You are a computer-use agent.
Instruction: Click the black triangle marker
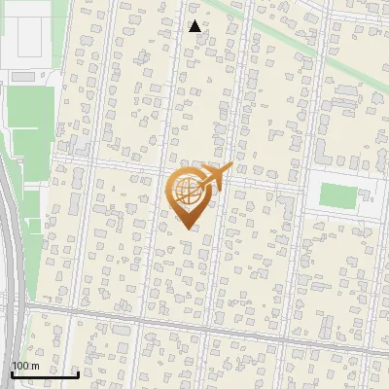(x=194, y=27)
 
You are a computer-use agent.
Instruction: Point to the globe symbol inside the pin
(x=186, y=192)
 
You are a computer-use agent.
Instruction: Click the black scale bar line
(x=45, y=374)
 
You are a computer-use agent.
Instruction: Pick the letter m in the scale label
(x=35, y=365)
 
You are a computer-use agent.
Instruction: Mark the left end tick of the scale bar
(x=13, y=372)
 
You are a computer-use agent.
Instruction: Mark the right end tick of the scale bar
(x=78, y=372)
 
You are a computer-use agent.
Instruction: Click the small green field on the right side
(x=337, y=195)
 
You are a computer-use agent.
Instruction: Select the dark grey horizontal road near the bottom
(x=194, y=324)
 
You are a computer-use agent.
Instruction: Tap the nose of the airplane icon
(x=230, y=168)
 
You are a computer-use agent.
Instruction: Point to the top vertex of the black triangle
(x=194, y=20)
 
